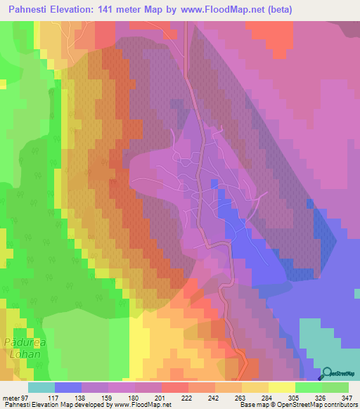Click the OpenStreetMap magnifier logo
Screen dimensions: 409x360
tap(328, 374)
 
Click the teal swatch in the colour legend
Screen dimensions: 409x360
tap(41, 387)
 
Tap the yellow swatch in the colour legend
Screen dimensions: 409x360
tap(281, 387)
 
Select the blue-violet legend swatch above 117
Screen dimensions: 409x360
tap(67, 387)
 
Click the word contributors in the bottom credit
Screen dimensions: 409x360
tap(340, 405)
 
